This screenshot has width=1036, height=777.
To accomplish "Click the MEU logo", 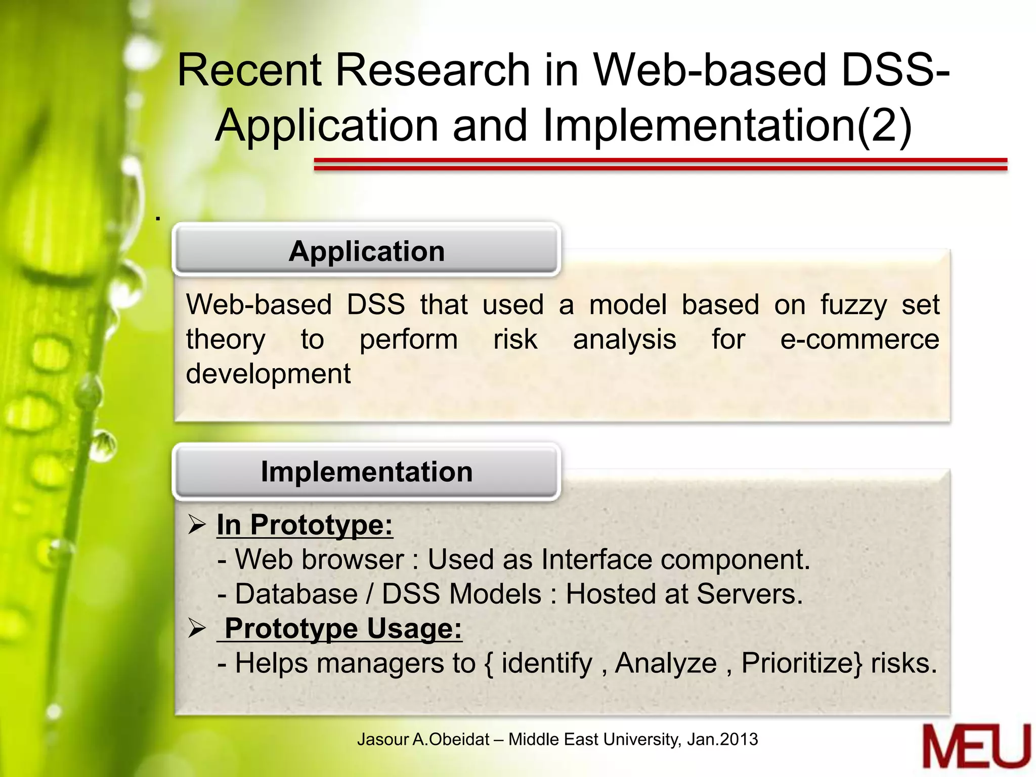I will [975, 747].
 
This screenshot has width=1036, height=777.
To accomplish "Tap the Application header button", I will [366, 251].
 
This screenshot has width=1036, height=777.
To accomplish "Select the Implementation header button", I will [366, 472].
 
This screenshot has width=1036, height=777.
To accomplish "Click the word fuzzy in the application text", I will [853, 306].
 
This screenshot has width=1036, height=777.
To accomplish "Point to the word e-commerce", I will [859, 339].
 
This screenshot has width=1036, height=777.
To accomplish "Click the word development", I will [268, 374].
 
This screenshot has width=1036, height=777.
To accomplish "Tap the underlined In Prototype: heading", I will [305, 525].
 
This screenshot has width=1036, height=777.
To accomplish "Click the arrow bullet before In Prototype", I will [197, 525].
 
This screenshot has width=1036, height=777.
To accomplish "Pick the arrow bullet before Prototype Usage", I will [197, 629].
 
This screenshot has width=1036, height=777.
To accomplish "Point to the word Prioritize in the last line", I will [801, 663].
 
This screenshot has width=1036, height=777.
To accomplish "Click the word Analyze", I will [666, 663].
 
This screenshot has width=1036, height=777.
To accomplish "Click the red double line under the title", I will [660, 164].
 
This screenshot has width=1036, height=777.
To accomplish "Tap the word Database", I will [296, 594].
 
